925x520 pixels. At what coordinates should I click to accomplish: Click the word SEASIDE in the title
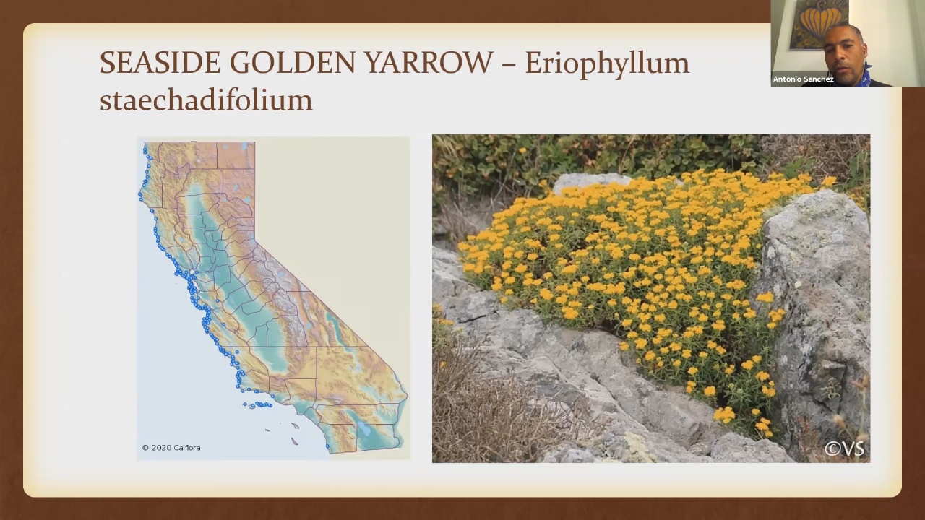pyautogui.click(x=160, y=63)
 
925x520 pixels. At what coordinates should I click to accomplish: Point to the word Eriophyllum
pyautogui.click(x=607, y=65)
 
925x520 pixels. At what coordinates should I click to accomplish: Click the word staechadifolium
pyautogui.click(x=206, y=100)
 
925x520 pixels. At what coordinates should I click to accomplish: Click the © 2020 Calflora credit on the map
pyautogui.click(x=171, y=447)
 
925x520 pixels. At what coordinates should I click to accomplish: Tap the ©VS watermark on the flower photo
pyautogui.click(x=844, y=448)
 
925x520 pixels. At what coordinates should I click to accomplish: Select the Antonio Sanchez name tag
pyautogui.click(x=803, y=79)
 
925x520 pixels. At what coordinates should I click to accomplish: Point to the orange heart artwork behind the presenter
pyautogui.click(x=819, y=22)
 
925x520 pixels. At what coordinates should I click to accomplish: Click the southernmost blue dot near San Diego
pyautogui.click(x=327, y=446)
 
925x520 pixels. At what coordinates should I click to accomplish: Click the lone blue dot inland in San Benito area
pyautogui.click(x=223, y=324)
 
